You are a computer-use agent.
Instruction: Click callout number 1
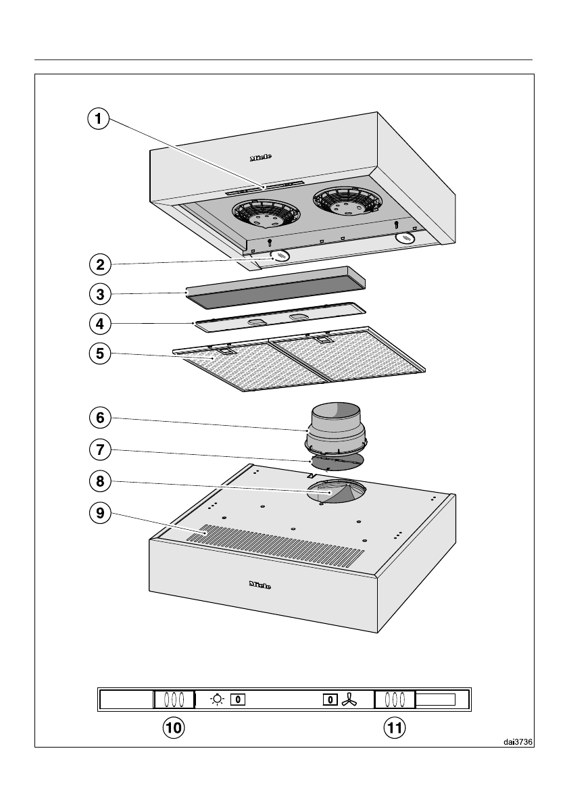click(99, 120)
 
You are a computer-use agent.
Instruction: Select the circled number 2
click(99, 264)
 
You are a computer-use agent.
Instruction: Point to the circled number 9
click(99, 513)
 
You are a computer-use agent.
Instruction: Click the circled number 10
click(174, 727)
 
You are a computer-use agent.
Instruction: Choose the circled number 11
click(395, 727)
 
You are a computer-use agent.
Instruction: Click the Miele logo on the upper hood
click(261, 157)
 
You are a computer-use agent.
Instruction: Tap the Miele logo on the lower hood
click(260, 585)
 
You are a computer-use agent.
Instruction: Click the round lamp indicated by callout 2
click(278, 256)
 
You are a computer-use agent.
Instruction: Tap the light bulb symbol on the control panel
click(216, 700)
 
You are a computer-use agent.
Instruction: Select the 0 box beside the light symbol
click(237, 700)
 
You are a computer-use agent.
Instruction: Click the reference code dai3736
click(518, 741)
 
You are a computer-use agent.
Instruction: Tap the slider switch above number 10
click(174, 700)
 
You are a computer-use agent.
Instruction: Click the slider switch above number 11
click(395, 700)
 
